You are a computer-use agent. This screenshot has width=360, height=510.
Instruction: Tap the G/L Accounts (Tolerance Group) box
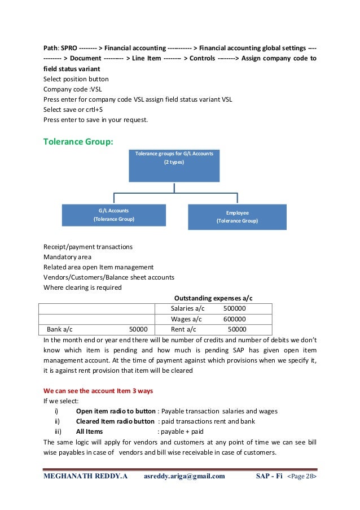tap(114, 215)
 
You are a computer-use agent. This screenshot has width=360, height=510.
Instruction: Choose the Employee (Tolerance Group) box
tap(237, 217)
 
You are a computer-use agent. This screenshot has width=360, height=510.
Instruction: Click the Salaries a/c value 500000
tap(234, 308)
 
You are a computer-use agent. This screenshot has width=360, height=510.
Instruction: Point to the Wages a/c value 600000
tap(234, 319)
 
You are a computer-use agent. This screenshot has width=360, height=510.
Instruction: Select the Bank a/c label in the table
tap(59, 329)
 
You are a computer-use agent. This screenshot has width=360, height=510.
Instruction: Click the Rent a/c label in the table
tap(183, 329)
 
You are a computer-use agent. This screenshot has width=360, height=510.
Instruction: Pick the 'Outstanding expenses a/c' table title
tap(213, 298)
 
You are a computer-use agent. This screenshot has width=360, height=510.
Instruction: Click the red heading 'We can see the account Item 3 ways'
tap(98, 390)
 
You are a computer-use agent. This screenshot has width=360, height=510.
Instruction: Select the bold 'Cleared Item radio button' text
tap(115, 421)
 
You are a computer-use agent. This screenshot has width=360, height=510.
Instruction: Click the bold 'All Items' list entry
tap(89, 431)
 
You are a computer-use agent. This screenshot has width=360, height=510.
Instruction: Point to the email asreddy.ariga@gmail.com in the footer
tap(185, 476)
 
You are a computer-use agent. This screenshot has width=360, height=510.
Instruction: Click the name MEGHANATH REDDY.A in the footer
tap(86, 476)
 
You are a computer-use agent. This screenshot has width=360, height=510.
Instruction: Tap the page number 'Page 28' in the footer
tap(302, 476)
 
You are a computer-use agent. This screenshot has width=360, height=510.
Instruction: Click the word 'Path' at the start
tap(52, 48)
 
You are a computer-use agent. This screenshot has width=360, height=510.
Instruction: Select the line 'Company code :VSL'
tap(73, 89)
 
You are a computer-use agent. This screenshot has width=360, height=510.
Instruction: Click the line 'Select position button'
tap(76, 79)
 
